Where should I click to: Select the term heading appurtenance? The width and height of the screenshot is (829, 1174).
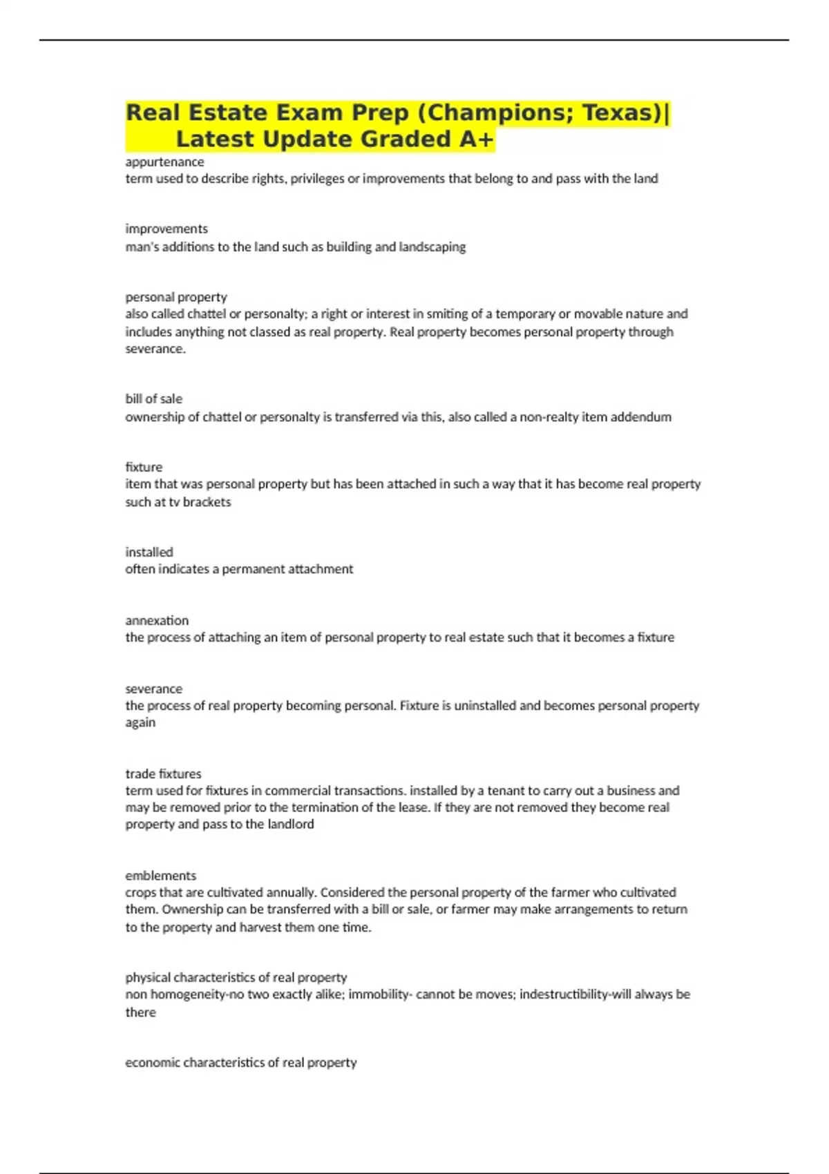[x=164, y=162]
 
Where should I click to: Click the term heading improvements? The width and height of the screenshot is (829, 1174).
[x=166, y=229]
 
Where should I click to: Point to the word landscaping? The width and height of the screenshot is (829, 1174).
[x=432, y=247]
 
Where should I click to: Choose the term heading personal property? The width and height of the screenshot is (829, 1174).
[x=176, y=297]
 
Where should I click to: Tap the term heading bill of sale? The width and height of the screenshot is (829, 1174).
[x=154, y=398]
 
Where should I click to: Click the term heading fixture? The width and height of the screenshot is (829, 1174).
[x=144, y=467]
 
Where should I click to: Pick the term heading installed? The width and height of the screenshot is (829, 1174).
[x=149, y=552]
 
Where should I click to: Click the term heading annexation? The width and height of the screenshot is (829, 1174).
[x=157, y=620]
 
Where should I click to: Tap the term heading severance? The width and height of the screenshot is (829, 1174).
[x=154, y=689]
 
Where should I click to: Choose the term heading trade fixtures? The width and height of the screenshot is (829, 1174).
[x=164, y=773]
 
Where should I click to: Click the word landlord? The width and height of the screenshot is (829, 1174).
[x=289, y=824]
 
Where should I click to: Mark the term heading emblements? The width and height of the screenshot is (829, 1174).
[x=161, y=876]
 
